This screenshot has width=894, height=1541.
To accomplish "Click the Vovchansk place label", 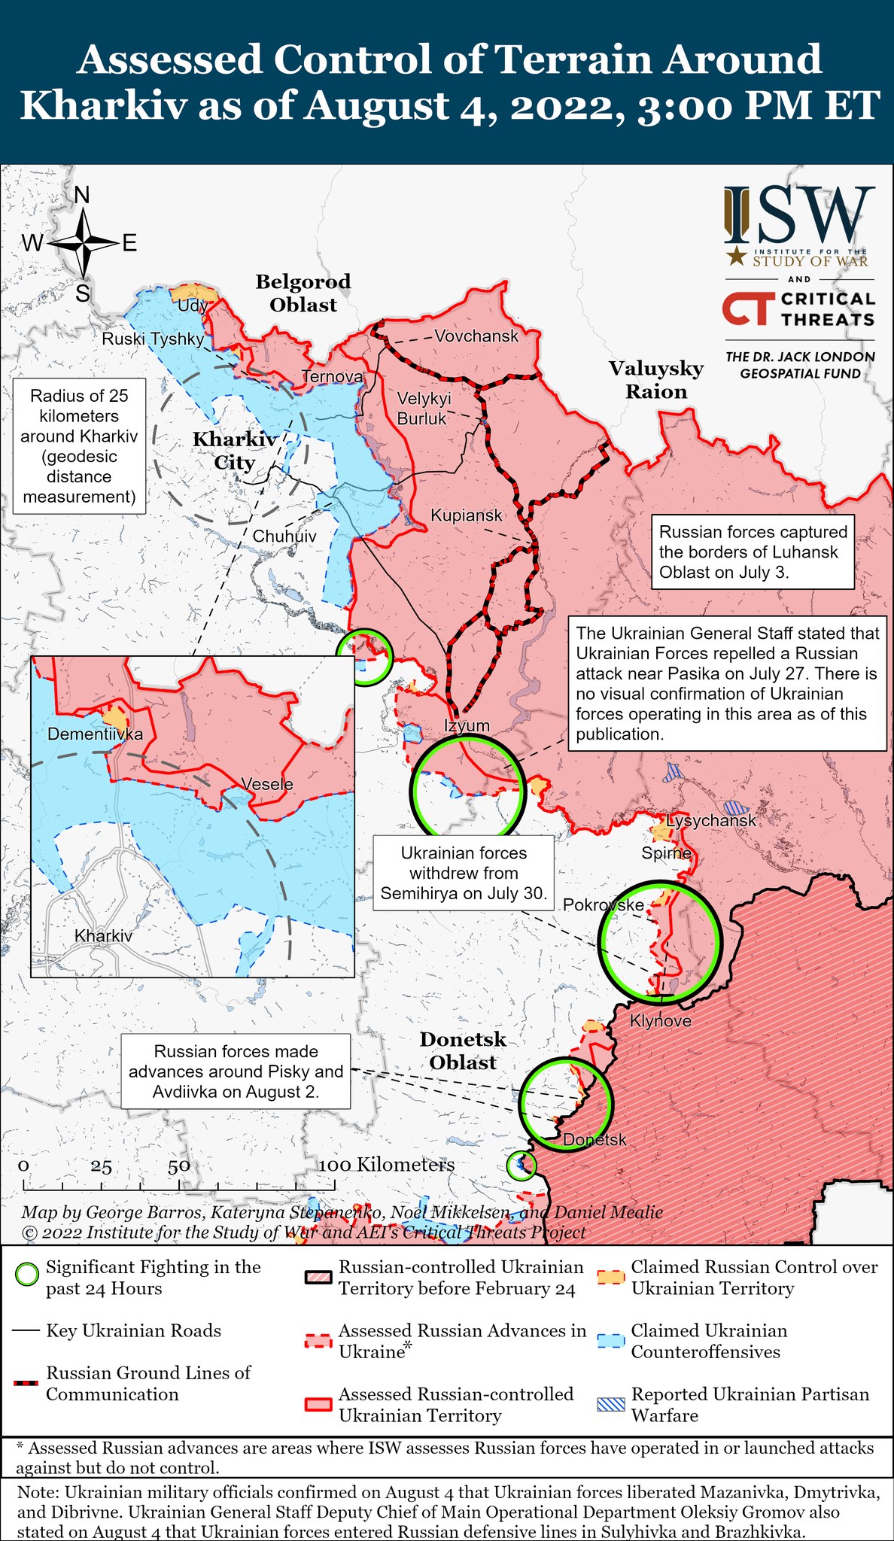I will click(476, 336).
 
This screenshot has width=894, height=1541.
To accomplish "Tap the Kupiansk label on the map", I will click(466, 515).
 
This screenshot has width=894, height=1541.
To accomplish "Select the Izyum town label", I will click(467, 725).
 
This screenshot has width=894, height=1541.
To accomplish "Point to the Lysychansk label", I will click(710, 820).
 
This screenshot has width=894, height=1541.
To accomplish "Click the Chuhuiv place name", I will click(284, 536).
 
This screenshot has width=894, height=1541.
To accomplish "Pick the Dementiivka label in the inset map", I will click(95, 734).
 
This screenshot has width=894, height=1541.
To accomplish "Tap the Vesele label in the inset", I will click(267, 784).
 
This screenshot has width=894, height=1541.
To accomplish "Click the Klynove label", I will click(660, 1021).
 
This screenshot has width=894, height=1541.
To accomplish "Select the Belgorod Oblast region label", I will click(303, 293).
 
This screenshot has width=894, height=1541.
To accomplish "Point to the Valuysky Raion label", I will click(656, 379).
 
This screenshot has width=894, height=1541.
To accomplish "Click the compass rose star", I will click(83, 242).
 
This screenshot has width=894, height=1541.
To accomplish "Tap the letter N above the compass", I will click(82, 196).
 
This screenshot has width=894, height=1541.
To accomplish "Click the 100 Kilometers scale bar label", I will click(387, 1165).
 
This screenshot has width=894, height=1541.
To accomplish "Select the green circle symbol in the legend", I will click(27, 1275).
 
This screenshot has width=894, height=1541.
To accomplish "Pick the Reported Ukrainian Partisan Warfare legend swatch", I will click(610, 1404).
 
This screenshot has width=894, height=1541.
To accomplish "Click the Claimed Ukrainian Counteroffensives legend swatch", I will click(610, 1341).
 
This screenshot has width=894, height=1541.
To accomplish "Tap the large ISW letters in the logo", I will click(799, 216).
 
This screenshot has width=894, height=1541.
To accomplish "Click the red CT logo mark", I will click(748, 309).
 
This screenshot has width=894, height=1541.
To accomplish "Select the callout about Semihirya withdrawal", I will click(464, 873).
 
